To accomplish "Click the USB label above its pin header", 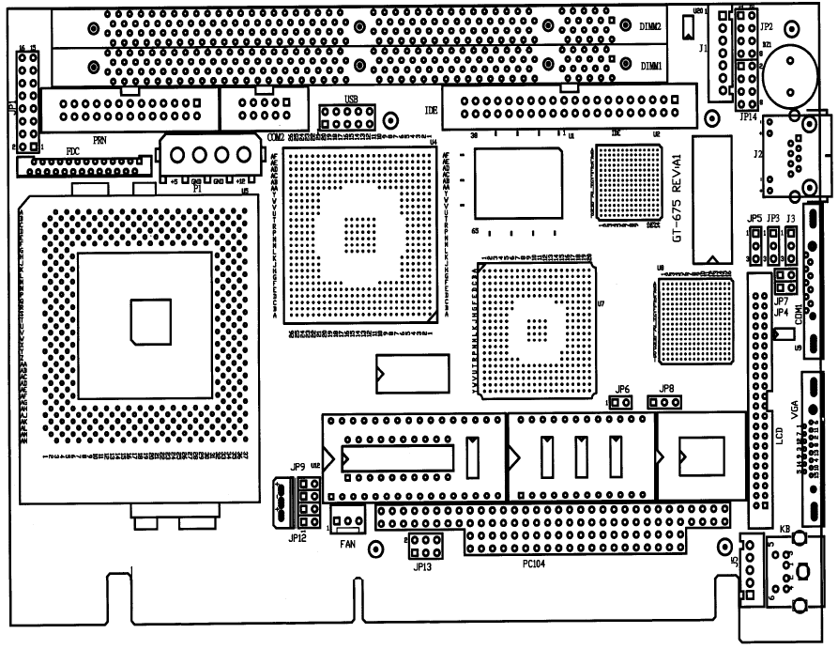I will click(351, 99).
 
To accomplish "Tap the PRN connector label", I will click(99, 138).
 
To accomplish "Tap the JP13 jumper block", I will click(424, 544).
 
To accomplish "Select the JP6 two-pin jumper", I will click(620, 403).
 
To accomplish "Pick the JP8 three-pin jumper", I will click(666, 403).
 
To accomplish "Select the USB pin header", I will click(346, 117).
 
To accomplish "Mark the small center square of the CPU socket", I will click(151, 321).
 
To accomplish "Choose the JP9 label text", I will click(298, 467).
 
